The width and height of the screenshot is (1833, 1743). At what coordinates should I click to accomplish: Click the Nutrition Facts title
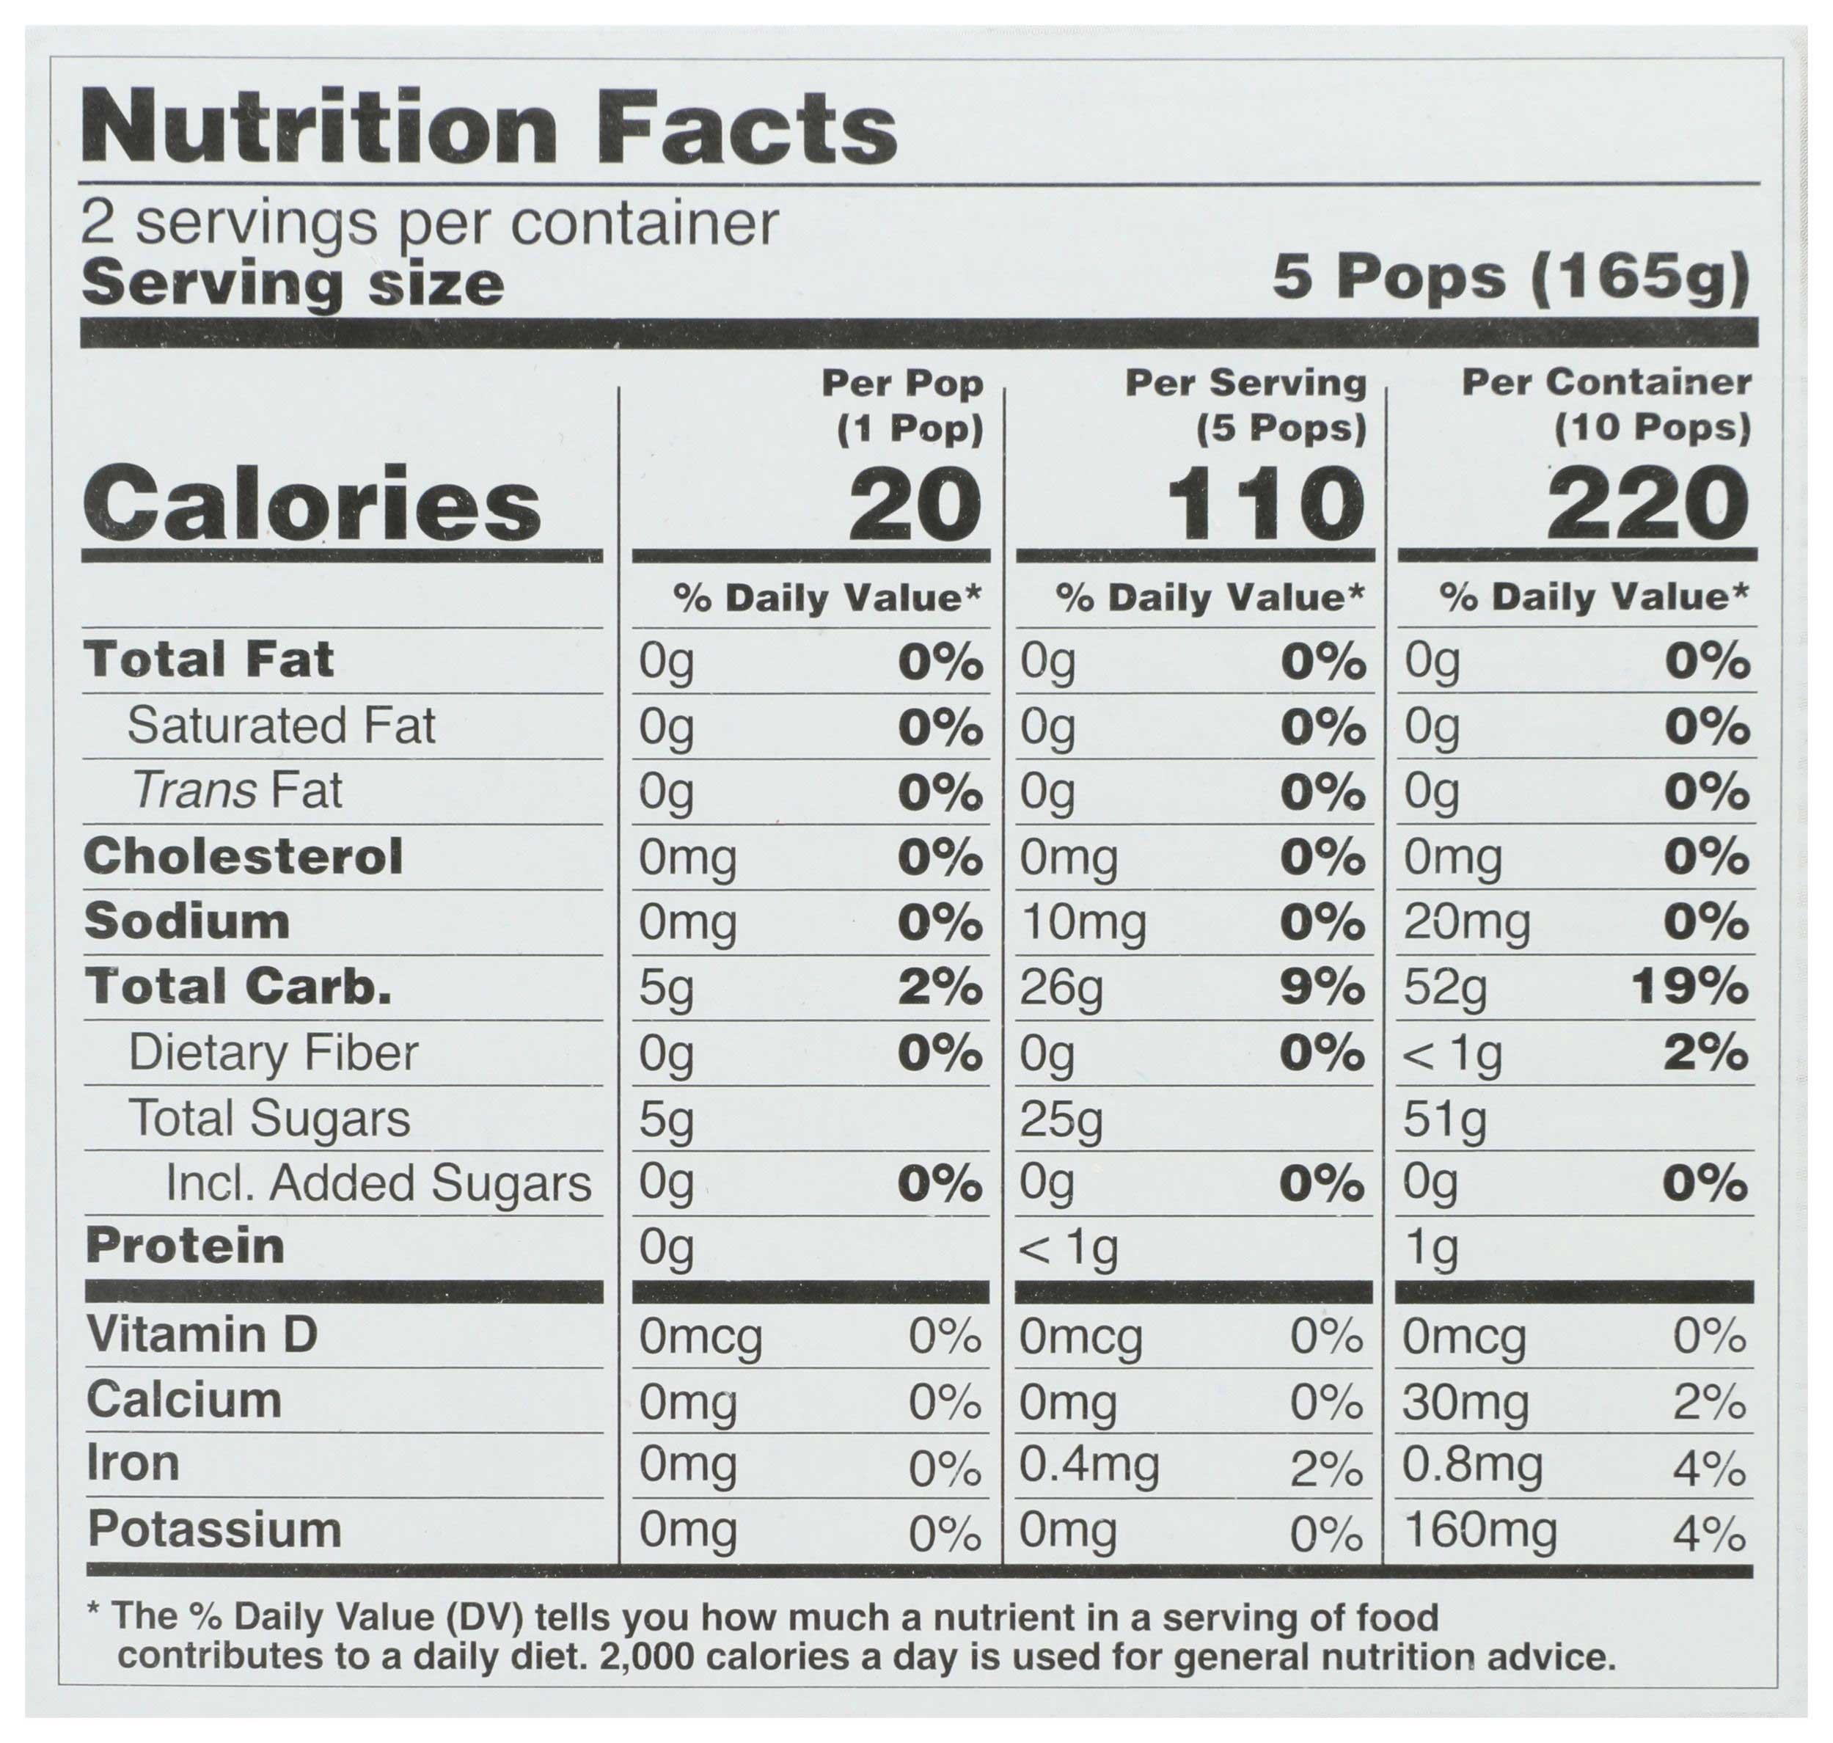click(x=489, y=128)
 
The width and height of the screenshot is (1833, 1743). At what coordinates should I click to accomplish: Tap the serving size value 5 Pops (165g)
click(x=1510, y=279)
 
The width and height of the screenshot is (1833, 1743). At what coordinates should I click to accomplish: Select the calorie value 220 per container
click(x=1647, y=505)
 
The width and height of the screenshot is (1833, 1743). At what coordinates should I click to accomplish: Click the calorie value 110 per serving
click(x=1265, y=505)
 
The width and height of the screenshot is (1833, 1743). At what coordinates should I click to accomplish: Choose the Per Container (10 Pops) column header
click(x=1606, y=404)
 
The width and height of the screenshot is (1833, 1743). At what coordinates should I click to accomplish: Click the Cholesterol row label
click(x=244, y=855)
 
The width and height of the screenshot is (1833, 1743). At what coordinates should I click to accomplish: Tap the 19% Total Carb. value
click(x=1689, y=987)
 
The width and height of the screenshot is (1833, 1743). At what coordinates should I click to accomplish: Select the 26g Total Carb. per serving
click(x=1061, y=989)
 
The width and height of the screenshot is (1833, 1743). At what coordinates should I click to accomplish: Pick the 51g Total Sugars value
click(x=1445, y=1119)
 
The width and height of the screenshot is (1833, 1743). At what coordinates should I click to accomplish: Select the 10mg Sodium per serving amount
click(x=1083, y=923)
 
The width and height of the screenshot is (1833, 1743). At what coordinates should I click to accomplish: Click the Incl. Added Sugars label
click(x=378, y=1184)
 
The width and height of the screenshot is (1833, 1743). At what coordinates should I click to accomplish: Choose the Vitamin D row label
click(x=202, y=1335)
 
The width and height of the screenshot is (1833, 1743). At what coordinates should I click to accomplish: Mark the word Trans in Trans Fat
click(x=194, y=791)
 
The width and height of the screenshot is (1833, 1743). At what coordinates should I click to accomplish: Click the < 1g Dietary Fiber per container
click(x=1452, y=1053)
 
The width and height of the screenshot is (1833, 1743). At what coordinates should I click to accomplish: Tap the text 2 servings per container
click(x=429, y=224)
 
